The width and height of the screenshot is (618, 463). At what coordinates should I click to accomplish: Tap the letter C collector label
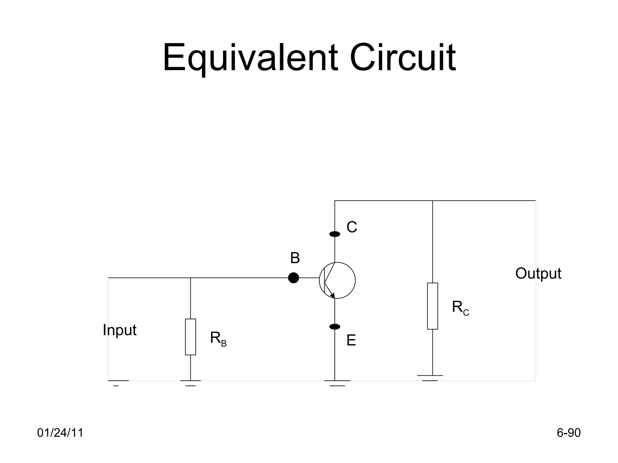tap(352, 227)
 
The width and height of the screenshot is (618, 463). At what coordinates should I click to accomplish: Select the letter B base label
tap(295, 258)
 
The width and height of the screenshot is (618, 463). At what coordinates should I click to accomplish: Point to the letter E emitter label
tap(351, 340)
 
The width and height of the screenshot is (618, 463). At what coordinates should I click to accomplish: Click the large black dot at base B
tap(293, 278)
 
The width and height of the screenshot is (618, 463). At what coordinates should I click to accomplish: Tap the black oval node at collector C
tap(335, 234)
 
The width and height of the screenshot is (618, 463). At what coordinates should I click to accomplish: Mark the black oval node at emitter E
tap(335, 326)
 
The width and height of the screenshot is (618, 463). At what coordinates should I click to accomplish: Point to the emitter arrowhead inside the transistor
tap(332, 295)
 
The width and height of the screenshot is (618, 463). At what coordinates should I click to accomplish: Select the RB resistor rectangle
tap(190, 337)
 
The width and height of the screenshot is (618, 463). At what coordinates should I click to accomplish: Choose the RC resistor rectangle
tap(432, 306)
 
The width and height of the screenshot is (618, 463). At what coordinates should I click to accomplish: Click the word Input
tap(119, 330)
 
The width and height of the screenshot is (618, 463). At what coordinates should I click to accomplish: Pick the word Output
tap(538, 273)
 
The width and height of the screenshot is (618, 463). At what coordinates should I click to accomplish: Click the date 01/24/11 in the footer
tap(60, 433)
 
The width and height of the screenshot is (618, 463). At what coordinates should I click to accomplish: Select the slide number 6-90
tap(569, 433)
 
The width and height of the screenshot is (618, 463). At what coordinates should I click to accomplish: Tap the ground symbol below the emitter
tap(337, 383)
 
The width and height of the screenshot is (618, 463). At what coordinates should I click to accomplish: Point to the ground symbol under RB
tap(190, 383)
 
